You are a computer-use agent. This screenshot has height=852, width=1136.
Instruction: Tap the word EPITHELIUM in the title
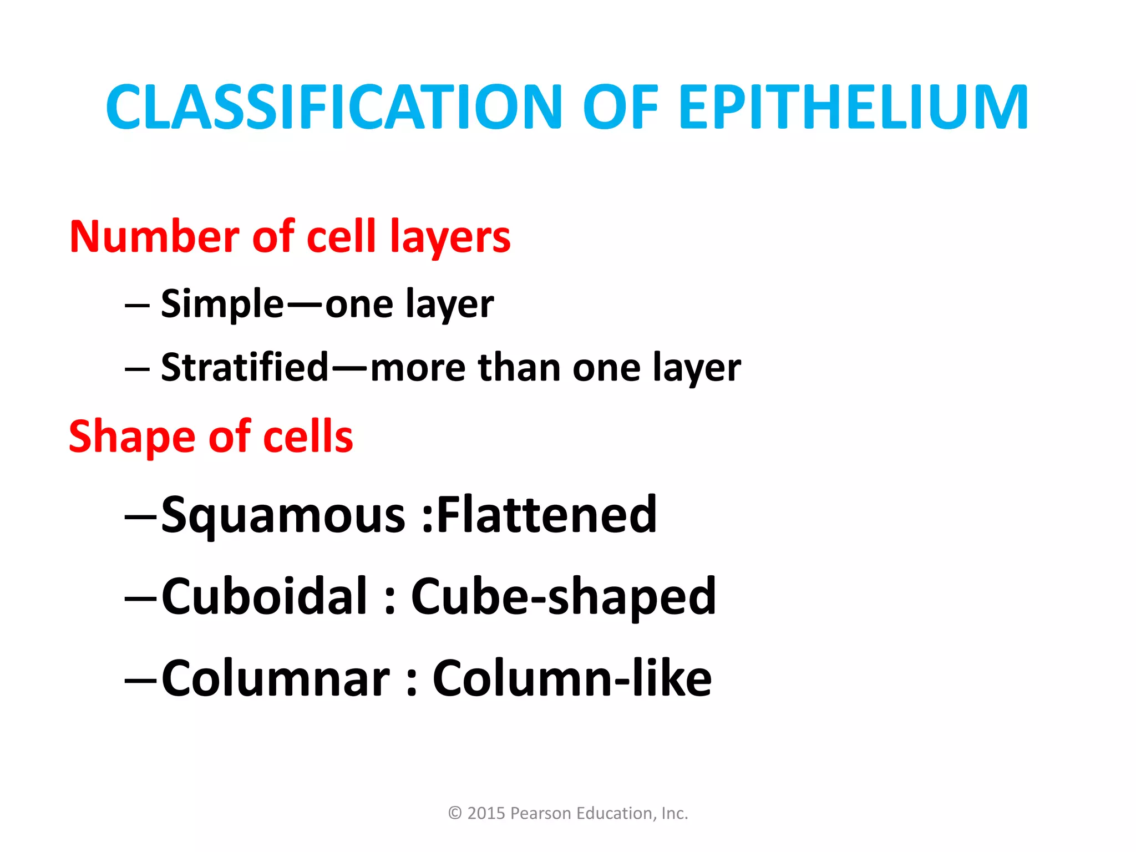pos(854,107)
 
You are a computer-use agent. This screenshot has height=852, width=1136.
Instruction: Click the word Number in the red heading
pos(154,237)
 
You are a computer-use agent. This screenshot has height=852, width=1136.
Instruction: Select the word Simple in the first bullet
pos(222,305)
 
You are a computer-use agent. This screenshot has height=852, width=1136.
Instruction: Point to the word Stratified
pos(245,368)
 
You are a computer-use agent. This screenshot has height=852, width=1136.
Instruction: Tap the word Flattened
pos(547,515)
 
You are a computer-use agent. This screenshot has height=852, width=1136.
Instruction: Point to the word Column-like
pos(572,678)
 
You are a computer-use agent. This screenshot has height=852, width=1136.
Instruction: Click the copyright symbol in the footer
pos(455,813)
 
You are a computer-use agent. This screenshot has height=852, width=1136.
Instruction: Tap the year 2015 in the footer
pos(486,813)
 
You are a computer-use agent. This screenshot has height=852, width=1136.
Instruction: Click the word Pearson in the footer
pos(540,813)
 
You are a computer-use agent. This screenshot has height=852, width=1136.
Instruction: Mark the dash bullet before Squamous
pos(141,516)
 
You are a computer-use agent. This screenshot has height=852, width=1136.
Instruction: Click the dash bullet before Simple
pos(137,306)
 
